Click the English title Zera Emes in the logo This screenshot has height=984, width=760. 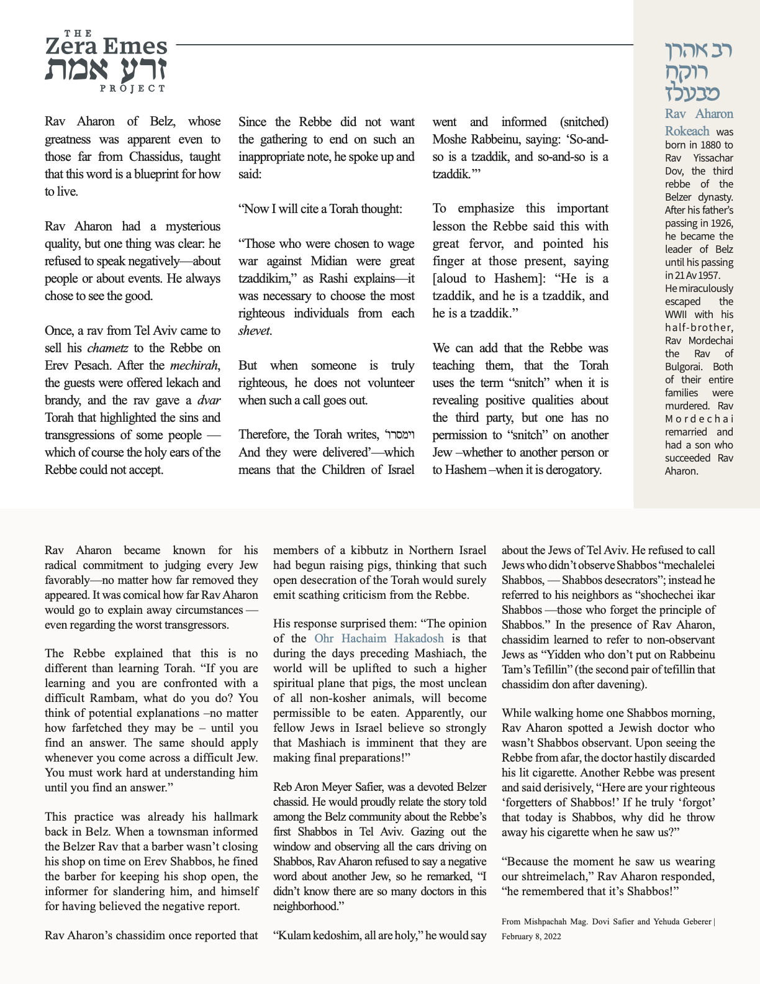point(106,47)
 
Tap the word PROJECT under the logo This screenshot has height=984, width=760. point(132,88)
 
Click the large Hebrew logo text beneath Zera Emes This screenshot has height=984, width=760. point(106,69)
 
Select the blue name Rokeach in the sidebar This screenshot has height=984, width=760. point(687,131)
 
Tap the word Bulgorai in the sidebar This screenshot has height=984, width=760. point(685,367)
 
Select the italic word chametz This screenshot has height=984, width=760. point(107,348)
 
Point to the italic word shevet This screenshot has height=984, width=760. point(254,330)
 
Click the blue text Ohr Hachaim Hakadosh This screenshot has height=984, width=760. point(379,638)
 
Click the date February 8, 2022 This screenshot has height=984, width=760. point(531,936)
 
